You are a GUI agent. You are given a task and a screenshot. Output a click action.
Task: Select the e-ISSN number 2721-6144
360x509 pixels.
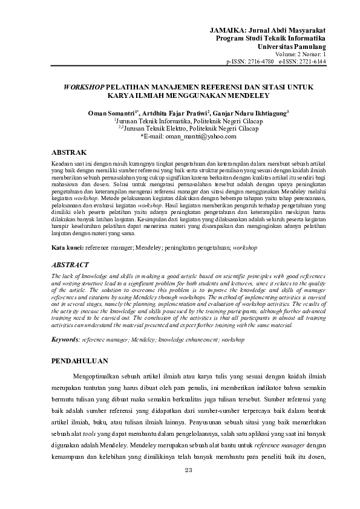click(313, 62)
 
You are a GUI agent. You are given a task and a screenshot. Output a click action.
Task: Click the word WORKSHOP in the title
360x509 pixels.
click(83, 87)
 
